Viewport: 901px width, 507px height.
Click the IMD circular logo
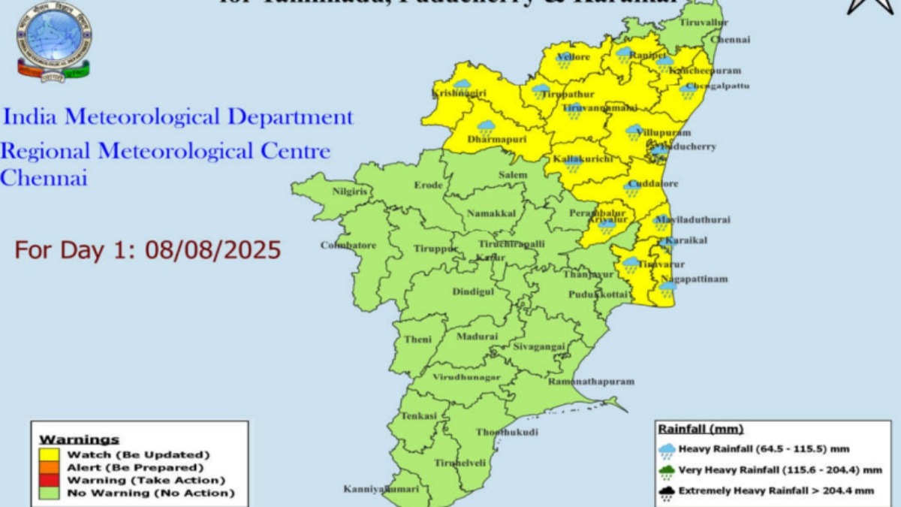53,42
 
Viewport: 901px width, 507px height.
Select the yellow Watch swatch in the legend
50,454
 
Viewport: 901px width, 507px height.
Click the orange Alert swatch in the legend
50,467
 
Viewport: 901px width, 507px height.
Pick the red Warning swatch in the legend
50,480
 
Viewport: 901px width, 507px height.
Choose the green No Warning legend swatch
50,493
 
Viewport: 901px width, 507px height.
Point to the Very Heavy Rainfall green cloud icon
667,471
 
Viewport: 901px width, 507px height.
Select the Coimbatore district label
348,245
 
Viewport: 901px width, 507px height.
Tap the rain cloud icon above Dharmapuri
487,126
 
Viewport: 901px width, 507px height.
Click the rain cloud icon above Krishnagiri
462,84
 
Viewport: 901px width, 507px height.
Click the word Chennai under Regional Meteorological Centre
44,179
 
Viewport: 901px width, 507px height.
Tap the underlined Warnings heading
79,439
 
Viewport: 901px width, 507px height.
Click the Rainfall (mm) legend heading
701,429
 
